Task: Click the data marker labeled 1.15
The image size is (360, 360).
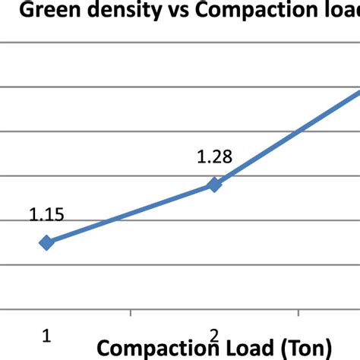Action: (46, 242)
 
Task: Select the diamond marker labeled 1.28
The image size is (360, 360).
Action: (214, 184)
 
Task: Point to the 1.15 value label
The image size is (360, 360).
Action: (46, 215)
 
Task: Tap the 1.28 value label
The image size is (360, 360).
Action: (214, 157)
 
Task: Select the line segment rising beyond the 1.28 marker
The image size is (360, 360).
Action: (289, 137)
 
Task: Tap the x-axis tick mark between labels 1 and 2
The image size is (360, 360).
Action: (131, 313)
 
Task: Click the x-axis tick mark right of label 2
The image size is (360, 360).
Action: (298, 313)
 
